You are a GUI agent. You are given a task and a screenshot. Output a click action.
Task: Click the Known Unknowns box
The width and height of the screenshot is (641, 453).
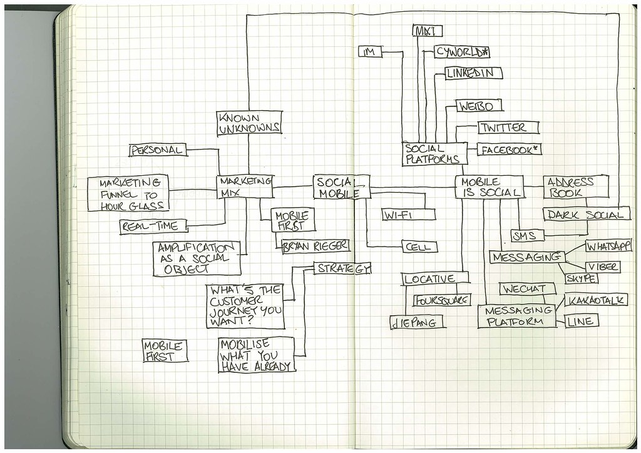pos(249,123)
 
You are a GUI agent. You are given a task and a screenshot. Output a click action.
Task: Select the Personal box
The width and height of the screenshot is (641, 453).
pos(158,150)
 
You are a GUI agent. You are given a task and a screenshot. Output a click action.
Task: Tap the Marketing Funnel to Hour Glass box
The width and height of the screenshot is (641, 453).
pos(128,193)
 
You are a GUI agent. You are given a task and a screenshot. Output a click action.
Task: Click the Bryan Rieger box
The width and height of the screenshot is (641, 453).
pos(315,246)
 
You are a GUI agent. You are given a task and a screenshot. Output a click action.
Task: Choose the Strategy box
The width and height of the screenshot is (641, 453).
pos(342,268)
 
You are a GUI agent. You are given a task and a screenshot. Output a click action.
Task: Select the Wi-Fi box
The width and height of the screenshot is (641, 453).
pos(409,215)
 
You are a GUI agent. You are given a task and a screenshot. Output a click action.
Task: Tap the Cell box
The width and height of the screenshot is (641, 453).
pos(419,247)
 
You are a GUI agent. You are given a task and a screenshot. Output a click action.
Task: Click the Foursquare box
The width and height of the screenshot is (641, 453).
pos(442,300)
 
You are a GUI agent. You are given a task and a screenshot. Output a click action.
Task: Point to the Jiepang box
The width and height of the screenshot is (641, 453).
pos(416,322)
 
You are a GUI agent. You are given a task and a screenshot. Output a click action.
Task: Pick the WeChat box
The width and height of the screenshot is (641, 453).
pos(526,289)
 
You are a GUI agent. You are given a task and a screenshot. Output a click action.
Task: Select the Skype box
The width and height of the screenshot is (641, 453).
pos(581,278)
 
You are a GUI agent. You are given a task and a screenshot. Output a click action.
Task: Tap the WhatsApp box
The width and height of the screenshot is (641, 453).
pos(608,246)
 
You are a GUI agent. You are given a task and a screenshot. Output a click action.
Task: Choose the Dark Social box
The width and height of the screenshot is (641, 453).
pos(586,215)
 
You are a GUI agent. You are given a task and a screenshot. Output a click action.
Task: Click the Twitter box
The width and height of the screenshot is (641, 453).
pos(508,128)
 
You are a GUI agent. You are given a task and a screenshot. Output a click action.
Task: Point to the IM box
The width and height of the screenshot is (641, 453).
pos(369,52)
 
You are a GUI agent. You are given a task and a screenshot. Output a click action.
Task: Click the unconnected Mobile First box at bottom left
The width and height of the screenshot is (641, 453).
pos(165,350)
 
